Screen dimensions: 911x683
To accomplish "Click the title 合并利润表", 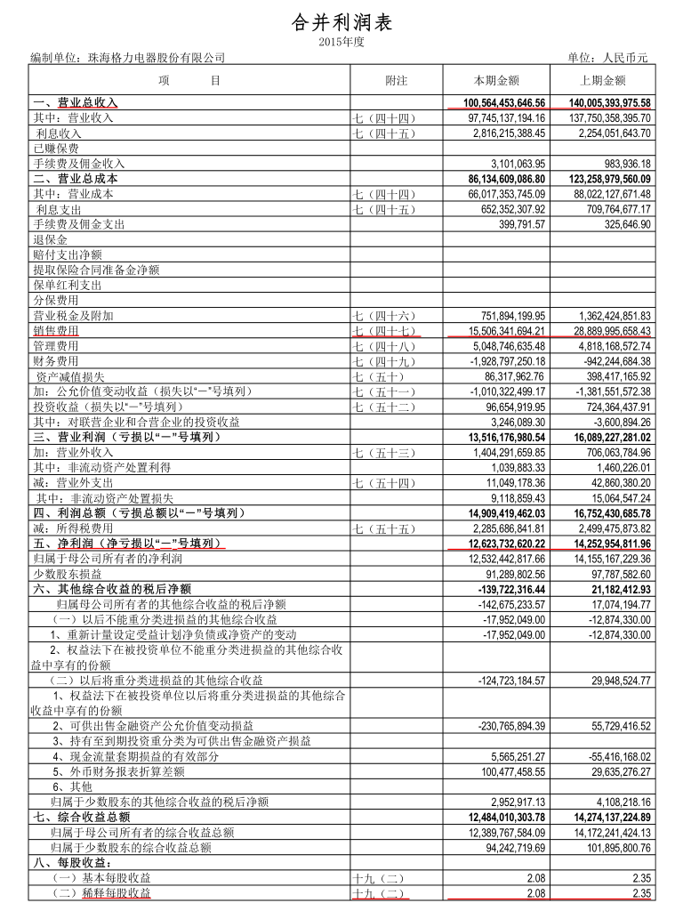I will [x=341, y=22].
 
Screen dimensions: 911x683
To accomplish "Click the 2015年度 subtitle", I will [x=341, y=42].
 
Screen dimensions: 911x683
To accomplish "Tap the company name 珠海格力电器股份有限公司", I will [x=152, y=58].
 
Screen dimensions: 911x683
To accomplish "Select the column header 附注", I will [x=396, y=81].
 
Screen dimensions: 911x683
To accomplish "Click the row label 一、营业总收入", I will [x=75, y=103].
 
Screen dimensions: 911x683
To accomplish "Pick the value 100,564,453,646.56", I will [x=504, y=103].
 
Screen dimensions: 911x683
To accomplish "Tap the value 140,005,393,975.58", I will [x=610, y=103].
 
